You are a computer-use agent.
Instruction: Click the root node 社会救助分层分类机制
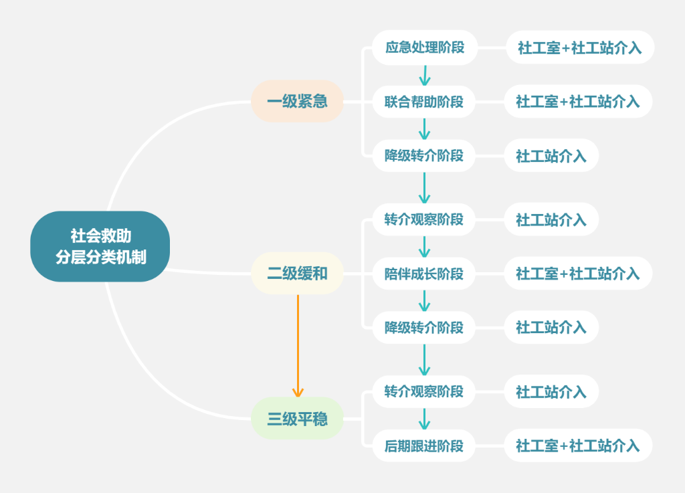[100, 246]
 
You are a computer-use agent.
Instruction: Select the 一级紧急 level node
[297, 102]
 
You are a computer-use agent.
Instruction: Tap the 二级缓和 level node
[297, 273]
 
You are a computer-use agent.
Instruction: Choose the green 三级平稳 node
[297, 419]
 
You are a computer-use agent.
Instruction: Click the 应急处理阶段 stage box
[424, 47]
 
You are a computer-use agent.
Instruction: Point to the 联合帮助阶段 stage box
[424, 102]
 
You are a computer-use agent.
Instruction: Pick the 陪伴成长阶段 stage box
[424, 273]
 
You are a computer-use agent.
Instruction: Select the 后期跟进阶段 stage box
[424, 446]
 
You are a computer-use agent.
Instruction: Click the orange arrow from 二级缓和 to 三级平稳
[298, 344]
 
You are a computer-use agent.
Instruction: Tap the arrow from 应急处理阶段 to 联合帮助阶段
[424, 74]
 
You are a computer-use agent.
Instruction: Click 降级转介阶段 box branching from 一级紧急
[424, 156]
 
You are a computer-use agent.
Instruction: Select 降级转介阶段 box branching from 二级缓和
[424, 328]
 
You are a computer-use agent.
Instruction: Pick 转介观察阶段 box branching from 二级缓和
[424, 219]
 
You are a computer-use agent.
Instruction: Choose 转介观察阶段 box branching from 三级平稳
[424, 391]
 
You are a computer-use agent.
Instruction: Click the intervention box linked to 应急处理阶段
[579, 47]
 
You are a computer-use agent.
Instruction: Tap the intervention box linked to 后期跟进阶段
[578, 446]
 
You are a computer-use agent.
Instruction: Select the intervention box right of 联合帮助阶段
[578, 102]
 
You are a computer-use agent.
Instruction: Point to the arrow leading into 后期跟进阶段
[424, 419]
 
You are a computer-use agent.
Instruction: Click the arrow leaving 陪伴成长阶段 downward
[424, 300]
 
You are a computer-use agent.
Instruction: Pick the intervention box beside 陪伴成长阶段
[578, 273]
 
